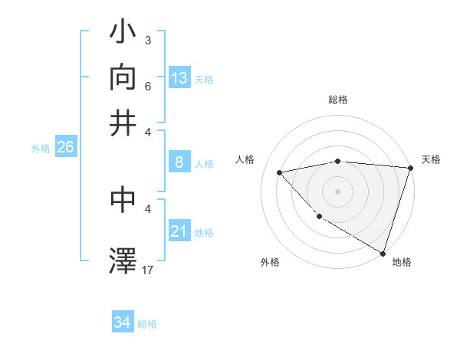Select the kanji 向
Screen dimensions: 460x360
pos(123,79)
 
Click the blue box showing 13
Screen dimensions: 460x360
pos(179,77)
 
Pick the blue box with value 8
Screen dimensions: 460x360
pos(179,162)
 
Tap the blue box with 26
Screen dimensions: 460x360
pos(66,147)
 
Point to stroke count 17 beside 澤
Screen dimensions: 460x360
pos(148,270)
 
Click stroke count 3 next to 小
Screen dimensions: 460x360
pos(147,38)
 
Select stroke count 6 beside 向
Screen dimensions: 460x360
pos(147,87)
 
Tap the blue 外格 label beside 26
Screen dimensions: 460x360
pos(41,149)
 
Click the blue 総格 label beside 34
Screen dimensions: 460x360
pos(147,324)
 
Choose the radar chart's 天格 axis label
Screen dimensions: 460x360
pos(431,159)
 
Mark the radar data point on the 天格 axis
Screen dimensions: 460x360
pos(410,168)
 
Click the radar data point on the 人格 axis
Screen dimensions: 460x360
pos(280,172)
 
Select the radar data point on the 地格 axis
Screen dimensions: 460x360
pos(383,253)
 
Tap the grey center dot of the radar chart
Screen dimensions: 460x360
pos(337,191)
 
